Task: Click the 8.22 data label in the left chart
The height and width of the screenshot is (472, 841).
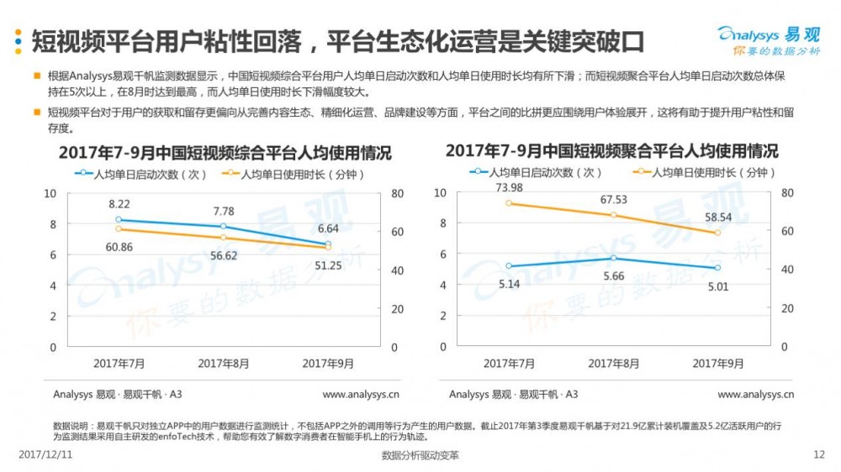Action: coord(119,204)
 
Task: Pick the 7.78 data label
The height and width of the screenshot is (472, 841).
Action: coord(224,211)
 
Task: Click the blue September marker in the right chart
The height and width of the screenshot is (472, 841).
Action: coord(717,268)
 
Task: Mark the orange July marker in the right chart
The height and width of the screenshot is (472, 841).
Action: coord(509,203)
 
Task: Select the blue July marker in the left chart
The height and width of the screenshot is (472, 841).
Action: coord(119,219)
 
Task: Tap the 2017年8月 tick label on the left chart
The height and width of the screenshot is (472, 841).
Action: coord(223,364)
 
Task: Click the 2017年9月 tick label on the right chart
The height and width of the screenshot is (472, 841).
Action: coord(717,364)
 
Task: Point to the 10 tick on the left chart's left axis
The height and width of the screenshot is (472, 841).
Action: coord(50,193)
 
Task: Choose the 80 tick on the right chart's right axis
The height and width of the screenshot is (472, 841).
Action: coord(787,193)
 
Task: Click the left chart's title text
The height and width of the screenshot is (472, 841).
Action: coord(225,154)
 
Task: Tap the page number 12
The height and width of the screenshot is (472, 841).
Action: coord(819,454)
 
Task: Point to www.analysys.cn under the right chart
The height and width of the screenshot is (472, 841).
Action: coord(755,394)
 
